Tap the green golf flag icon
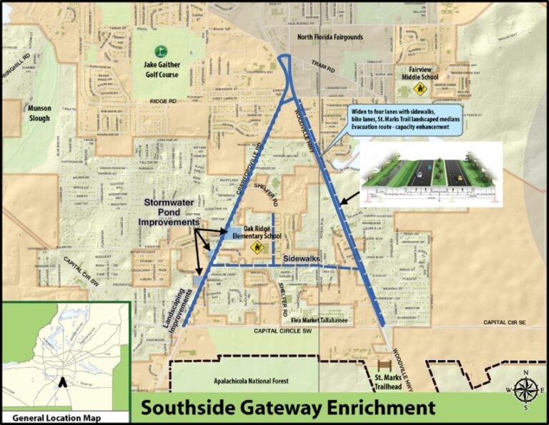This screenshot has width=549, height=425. [x=161, y=52]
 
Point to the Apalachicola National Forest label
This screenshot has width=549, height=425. [x=247, y=381]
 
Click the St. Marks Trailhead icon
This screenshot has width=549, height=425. [x=391, y=365]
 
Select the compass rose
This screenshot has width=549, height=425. [x=525, y=390]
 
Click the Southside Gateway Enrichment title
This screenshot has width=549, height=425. [x=287, y=409]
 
